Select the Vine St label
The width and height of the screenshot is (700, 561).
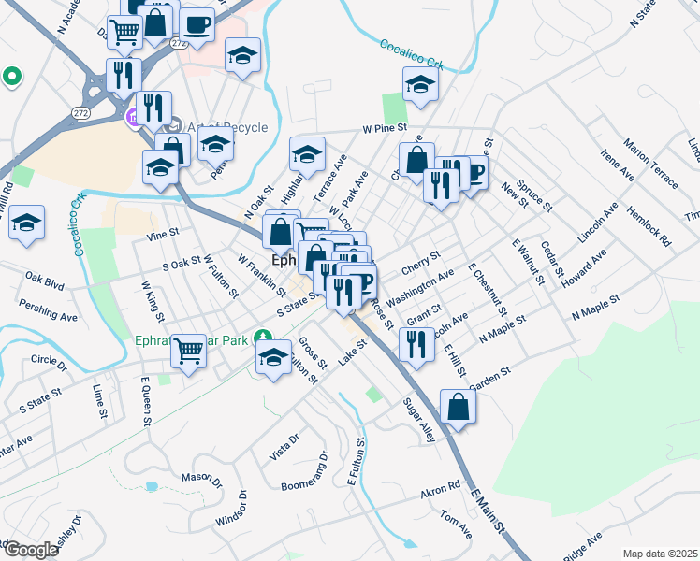pyautogui.click(x=162, y=234)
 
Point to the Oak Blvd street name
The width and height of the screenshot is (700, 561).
pyautogui.click(x=44, y=279)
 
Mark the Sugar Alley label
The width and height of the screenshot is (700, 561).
pyautogui.click(x=418, y=417)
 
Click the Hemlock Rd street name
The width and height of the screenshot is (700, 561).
pyautogui.click(x=649, y=226)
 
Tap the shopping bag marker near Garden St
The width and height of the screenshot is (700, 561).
pyautogui.click(x=458, y=407)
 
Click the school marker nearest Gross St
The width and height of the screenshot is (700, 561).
pyautogui.click(x=273, y=356)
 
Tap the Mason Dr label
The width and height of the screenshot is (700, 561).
pyautogui.click(x=200, y=477)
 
